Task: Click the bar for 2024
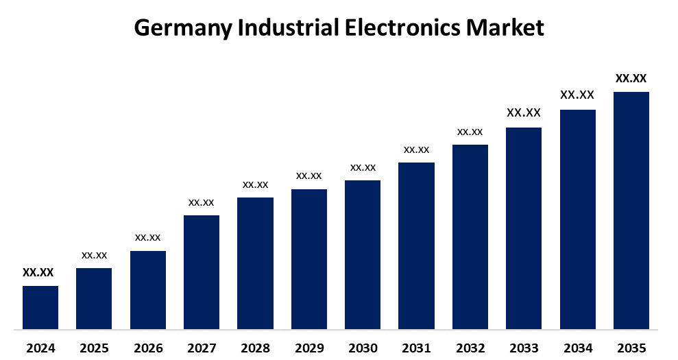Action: [40, 307]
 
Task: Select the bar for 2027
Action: [202, 272]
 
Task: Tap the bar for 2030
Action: [363, 254]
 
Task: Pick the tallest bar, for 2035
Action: [631, 211]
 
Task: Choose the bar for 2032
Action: [470, 237]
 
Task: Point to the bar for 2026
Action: [148, 289]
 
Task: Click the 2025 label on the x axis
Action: [94, 348]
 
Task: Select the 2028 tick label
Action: [255, 348]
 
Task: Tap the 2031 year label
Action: [416, 348]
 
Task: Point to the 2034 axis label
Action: [577, 348]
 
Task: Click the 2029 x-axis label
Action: [309, 348]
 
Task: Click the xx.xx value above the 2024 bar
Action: [38, 272]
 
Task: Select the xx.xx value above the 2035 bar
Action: [631, 78]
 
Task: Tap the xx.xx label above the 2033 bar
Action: [524, 112]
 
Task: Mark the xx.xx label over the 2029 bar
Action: [309, 176]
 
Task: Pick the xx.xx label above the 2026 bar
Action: [148, 237]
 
